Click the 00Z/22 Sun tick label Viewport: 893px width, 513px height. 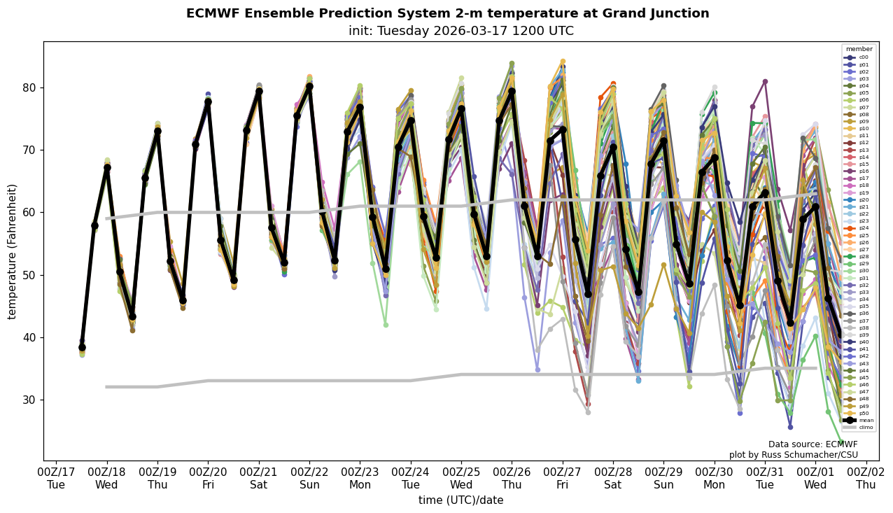coord(310,479)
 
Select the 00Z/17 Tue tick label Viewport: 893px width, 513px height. coord(56,479)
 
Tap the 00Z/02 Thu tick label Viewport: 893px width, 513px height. coord(866,479)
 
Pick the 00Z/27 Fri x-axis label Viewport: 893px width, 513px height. coord(563,479)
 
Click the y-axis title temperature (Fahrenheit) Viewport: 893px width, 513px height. coord(13,251)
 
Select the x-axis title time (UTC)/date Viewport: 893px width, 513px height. coord(460,500)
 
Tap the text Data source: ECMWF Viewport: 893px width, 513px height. coord(813,444)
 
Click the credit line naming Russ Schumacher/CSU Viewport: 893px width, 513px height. coord(794,455)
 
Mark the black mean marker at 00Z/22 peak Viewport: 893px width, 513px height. coord(309,87)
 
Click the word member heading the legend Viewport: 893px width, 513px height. coord(859,49)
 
